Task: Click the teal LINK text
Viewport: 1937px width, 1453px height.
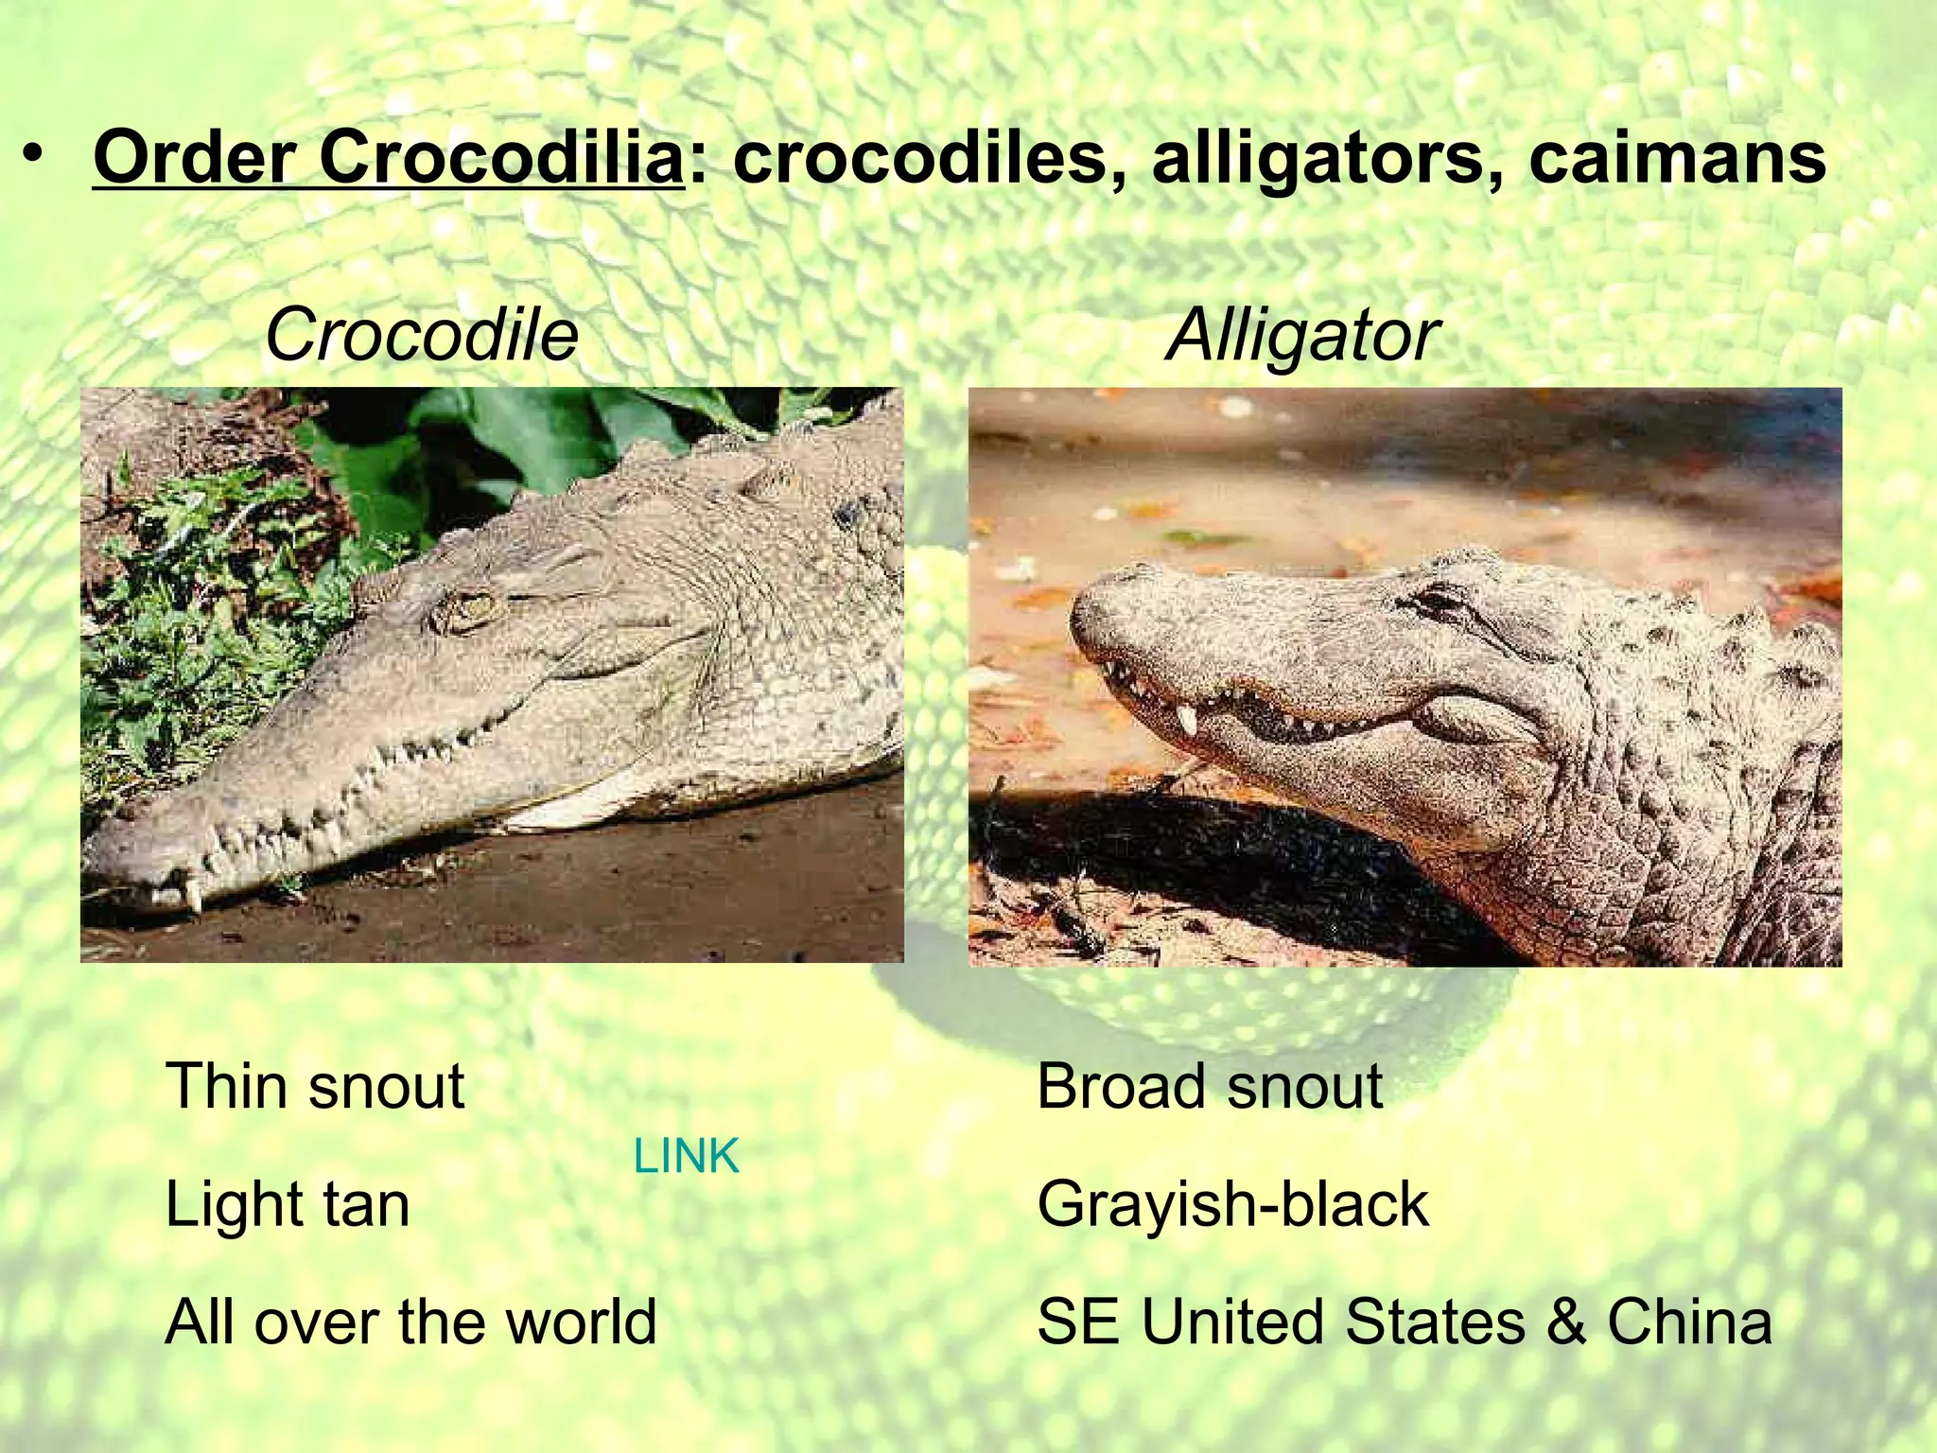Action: tap(686, 1156)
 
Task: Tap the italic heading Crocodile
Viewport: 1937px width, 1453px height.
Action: tap(421, 335)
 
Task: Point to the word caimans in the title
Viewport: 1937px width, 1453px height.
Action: tap(1677, 158)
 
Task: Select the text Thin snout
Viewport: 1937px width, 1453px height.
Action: tap(315, 1086)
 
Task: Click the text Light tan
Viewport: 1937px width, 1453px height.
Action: tap(288, 1204)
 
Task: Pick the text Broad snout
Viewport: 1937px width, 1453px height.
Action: tap(1210, 1086)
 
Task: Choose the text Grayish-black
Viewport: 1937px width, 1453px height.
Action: tap(1232, 1204)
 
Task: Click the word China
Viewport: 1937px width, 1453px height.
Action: tap(1689, 1322)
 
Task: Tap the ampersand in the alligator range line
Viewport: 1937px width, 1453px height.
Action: tap(1565, 1322)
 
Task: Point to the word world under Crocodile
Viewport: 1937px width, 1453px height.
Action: tap(582, 1322)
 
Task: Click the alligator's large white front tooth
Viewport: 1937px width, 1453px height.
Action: tap(1185, 721)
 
